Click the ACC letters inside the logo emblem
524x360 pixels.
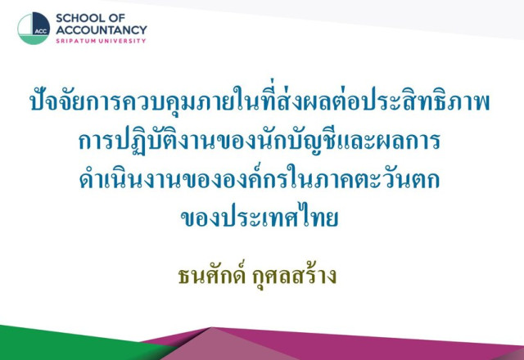click(41, 31)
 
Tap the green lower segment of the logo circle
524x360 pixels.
click(33, 39)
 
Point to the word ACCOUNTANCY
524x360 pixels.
click(102, 29)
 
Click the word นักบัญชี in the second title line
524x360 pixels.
click(296, 140)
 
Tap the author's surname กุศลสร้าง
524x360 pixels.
click(295, 277)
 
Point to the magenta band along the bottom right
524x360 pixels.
click(384, 344)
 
